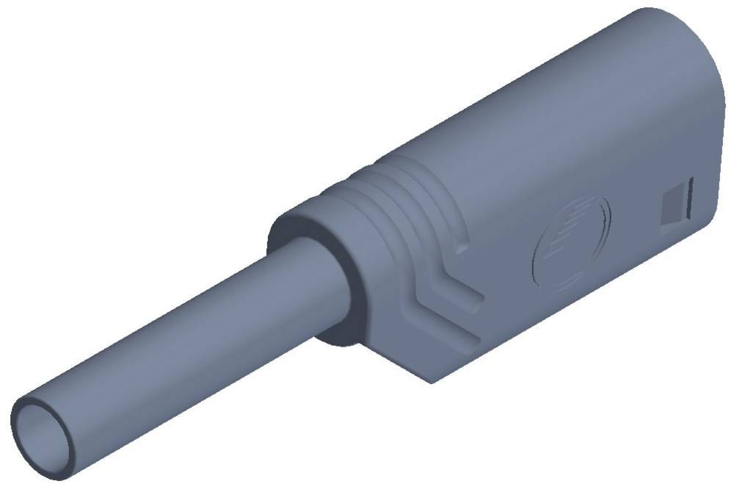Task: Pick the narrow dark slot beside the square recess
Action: [x=688, y=198]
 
